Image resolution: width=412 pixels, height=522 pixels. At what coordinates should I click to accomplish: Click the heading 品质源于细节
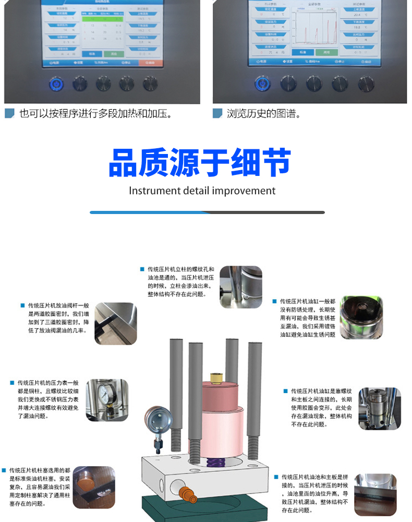tap(199, 162)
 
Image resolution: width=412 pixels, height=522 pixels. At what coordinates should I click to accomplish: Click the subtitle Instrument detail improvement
tap(202, 191)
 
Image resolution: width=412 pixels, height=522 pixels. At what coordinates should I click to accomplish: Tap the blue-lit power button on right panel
tap(262, 83)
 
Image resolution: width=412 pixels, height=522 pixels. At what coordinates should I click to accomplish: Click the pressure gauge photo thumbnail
tap(107, 400)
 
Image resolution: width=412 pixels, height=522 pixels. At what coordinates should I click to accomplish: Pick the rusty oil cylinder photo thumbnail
tap(361, 317)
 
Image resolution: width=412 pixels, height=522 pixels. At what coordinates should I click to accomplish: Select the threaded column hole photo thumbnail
tap(240, 287)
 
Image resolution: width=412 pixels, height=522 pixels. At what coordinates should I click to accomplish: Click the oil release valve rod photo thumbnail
tap(115, 323)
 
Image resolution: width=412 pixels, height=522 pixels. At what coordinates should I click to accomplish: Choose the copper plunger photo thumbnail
tap(94, 487)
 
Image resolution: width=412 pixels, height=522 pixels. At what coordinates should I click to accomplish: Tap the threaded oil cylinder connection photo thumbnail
tap(379, 408)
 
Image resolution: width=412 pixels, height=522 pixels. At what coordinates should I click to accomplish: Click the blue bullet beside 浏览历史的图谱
tap(217, 113)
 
